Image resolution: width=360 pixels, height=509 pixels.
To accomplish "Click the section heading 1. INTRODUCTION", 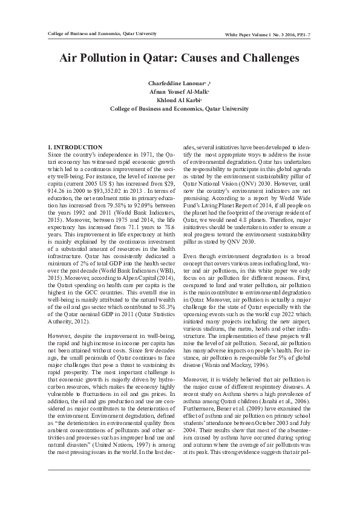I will [74, 148].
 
